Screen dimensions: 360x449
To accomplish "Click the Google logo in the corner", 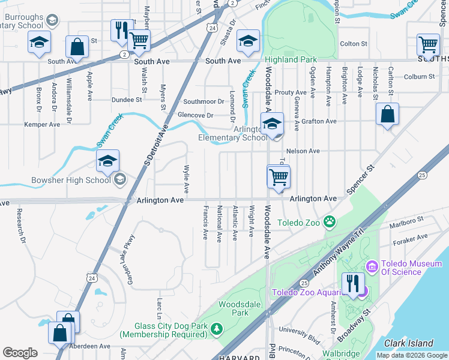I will point(20,353).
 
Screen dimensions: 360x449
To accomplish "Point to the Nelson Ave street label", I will point(303,151).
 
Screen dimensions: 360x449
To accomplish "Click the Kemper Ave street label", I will point(42,125).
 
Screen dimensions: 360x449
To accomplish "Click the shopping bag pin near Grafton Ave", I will point(388,115).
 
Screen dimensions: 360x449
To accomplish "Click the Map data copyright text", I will point(412,355).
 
